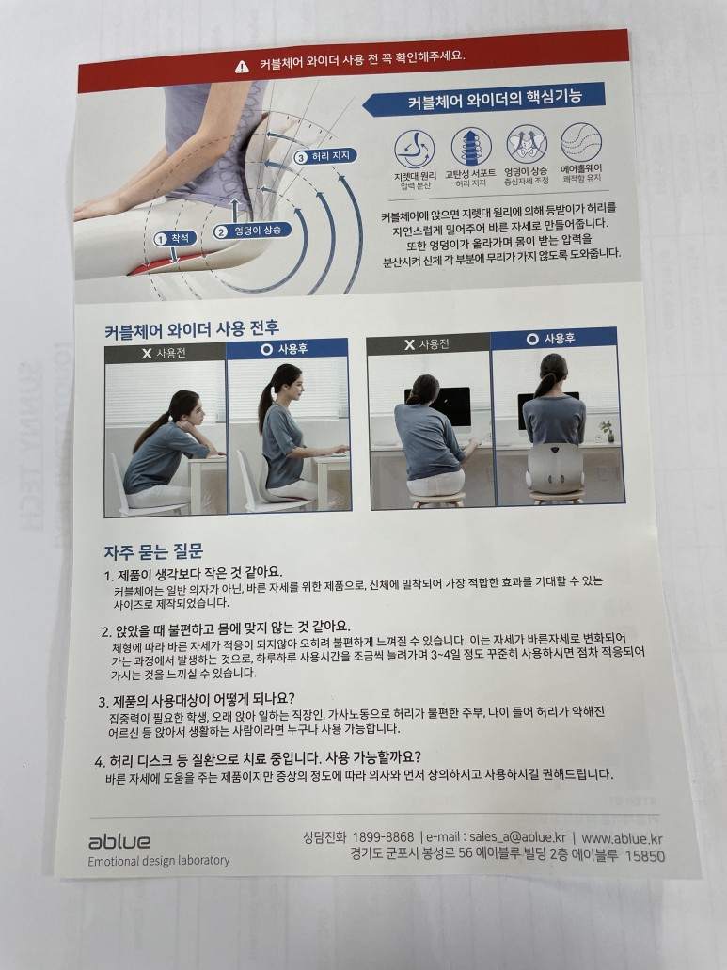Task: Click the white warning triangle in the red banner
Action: tap(242, 66)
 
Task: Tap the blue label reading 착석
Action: tap(175, 238)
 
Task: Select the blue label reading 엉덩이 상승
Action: tap(252, 231)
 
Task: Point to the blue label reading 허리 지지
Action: tap(325, 156)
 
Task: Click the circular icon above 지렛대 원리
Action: tap(414, 149)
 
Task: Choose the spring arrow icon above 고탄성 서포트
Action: tap(471, 147)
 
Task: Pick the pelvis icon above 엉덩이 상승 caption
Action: tap(527, 144)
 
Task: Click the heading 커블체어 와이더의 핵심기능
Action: tap(495, 99)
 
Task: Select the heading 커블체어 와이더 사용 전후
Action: tap(192, 328)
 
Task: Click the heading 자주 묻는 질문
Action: tap(153, 551)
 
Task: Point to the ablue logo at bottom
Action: tap(119, 841)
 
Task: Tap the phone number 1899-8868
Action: tap(384, 837)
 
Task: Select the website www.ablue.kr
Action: tap(622, 839)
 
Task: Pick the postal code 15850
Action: tap(645, 856)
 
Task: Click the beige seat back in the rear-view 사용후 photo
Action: tap(555, 469)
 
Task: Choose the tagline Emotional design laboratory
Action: tap(158, 861)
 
